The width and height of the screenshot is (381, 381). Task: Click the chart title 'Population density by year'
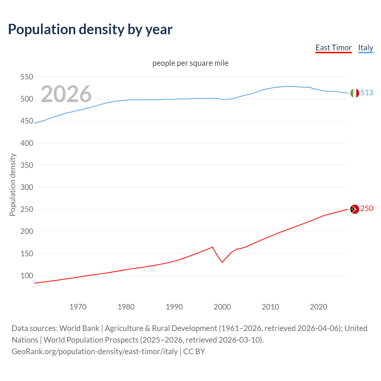point(90,29)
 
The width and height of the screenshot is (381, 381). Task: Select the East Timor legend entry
point(333,48)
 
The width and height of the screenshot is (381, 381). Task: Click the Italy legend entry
point(366,48)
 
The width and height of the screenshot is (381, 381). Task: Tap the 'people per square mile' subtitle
point(190,63)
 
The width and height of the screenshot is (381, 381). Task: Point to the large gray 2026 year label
point(66,94)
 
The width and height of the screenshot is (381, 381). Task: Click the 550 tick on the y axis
point(26,77)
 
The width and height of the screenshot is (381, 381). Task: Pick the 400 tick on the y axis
point(26,143)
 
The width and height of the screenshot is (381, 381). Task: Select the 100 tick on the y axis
point(26,276)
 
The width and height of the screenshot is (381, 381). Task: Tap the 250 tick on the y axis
point(26,210)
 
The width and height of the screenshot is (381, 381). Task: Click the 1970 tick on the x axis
point(78,307)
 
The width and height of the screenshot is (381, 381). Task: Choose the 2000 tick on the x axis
point(222,307)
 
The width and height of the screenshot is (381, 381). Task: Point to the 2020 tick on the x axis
point(318,307)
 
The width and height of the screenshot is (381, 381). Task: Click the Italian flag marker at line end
point(354,93)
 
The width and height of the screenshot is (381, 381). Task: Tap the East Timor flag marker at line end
point(354,209)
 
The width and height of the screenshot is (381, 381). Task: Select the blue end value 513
point(367,93)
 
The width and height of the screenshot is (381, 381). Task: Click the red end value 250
point(367,209)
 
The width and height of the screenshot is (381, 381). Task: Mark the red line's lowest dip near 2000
point(222,262)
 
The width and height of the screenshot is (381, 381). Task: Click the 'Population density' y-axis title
point(13,185)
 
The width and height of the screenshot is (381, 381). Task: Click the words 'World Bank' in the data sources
point(79,328)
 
